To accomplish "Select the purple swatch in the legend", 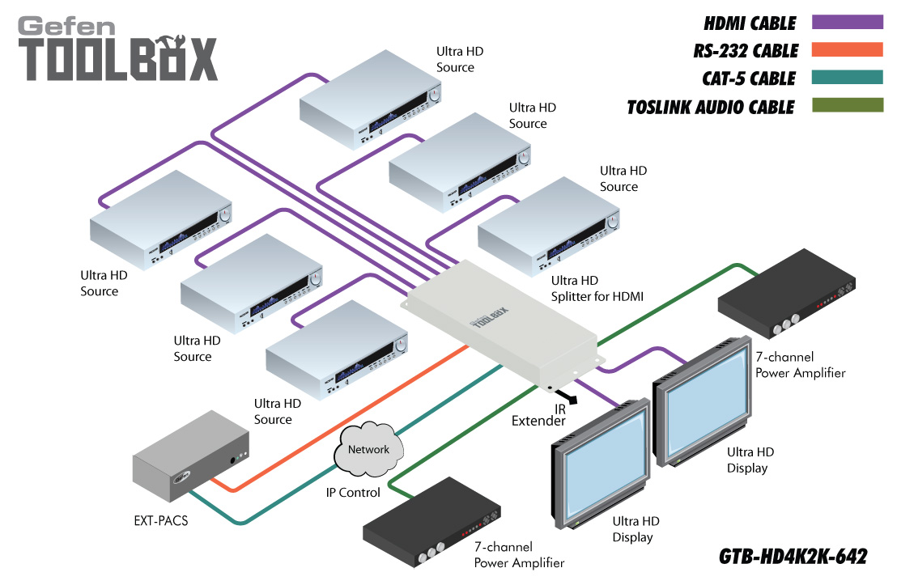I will coord(847,22).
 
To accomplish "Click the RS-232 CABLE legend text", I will coord(745,51).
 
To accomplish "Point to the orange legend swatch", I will coord(847,50).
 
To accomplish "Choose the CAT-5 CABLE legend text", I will coord(750,78).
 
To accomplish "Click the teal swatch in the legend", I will coord(847,78).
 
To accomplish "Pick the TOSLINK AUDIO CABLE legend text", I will coord(711,107).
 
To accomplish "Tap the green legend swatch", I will coord(847,105).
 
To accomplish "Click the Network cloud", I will coord(368,451).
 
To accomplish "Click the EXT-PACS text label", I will coord(160,520).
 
